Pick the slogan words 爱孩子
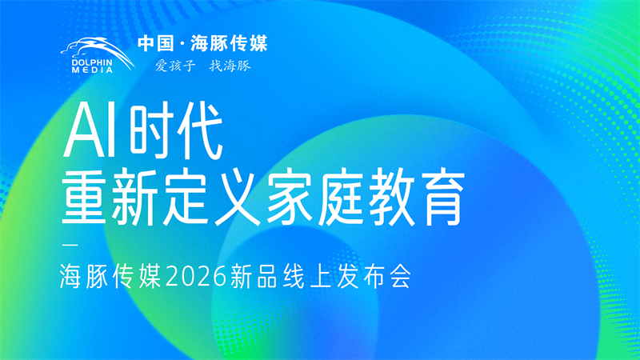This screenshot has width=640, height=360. [170, 66]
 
